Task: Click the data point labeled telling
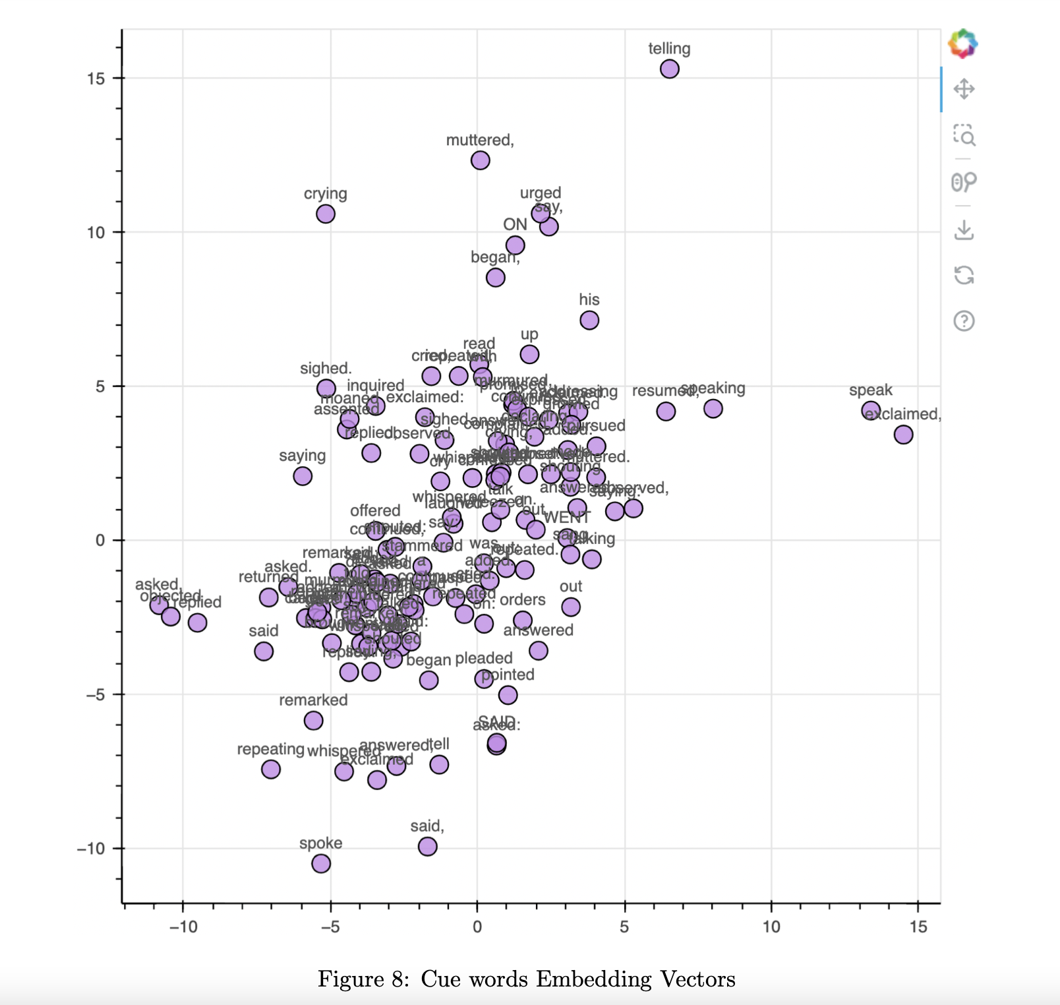pos(669,69)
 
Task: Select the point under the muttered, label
pos(480,160)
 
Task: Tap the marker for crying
pos(325,214)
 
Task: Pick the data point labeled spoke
pos(321,863)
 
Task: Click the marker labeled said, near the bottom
pos(427,846)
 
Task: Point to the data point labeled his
pos(589,320)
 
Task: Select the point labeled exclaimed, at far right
pos(903,435)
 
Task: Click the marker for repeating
pos(271,769)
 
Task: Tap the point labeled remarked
pos(313,720)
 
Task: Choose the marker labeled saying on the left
pos(303,475)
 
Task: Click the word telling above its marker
pos(669,49)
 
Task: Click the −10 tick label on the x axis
pos(183,927)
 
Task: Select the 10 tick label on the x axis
pos(771,927)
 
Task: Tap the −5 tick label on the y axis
pos(96,694)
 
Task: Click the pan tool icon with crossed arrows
pos(964,89)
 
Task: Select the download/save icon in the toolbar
pos(964,230)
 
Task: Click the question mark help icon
pos(964,321)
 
